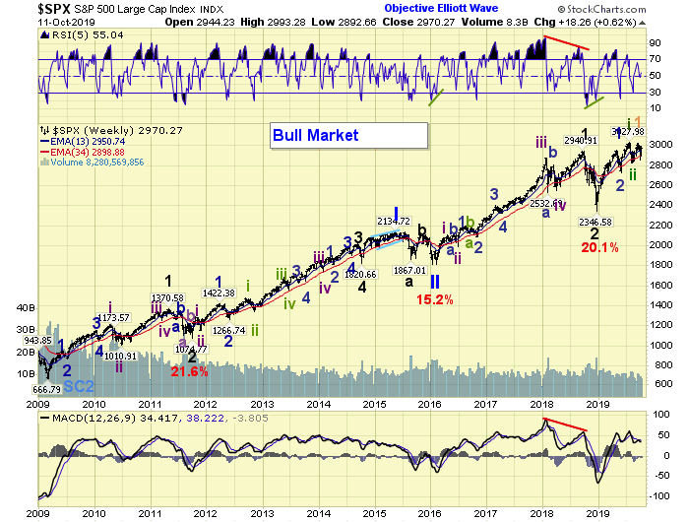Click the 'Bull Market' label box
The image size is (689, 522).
[348, 135]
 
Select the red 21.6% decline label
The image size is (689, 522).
[190, 371]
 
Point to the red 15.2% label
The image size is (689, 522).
[433, 299]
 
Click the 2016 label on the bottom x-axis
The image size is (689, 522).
[429, 514]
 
